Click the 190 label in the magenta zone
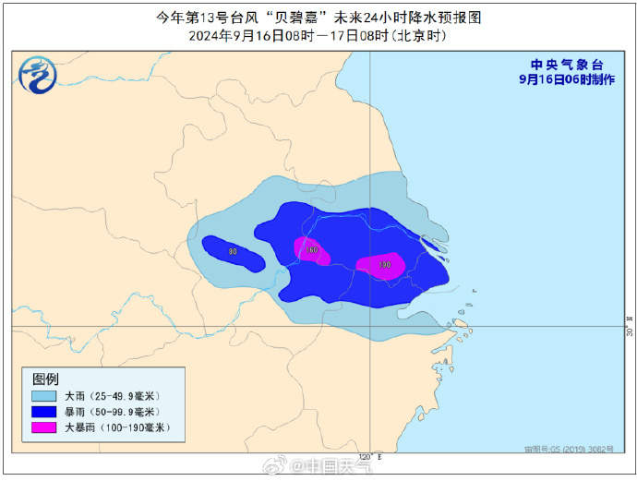[384, 265]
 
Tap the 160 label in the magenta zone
[312, 250]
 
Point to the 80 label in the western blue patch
[233, 251]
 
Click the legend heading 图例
[46, 379]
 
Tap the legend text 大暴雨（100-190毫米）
[111, 428]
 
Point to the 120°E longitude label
[367, 455]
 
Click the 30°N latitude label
[629, 330]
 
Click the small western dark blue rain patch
[233, 253]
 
